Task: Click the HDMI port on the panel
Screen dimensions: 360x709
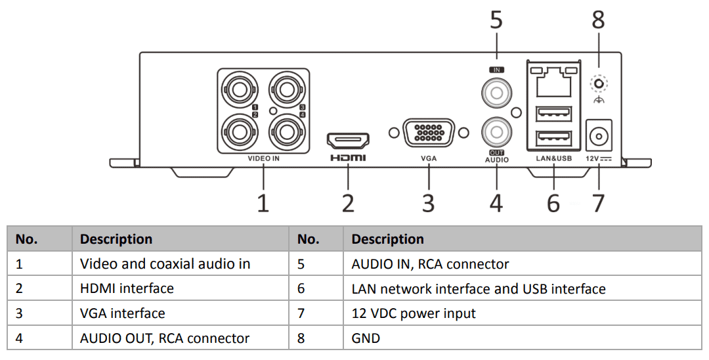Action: [348, 139]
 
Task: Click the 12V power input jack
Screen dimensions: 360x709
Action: [598, 137]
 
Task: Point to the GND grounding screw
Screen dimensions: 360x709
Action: [598, 84]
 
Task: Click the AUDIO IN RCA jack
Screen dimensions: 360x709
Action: [496, 91]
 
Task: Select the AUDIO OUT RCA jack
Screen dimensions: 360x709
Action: [496, 132]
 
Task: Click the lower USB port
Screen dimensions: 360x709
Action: [553, 138]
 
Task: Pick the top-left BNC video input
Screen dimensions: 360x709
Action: [238, 88]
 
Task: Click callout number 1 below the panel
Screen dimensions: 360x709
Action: [263, 203]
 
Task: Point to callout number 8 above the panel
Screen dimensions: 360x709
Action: [598, 20]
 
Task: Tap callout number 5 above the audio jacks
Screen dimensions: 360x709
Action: [496, 20]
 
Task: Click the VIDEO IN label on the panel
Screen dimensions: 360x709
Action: [263, 159]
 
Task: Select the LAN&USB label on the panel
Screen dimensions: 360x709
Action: [553, 159]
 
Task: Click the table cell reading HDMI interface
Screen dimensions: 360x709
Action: [127, 288]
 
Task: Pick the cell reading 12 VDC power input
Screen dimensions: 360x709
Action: [414, 313]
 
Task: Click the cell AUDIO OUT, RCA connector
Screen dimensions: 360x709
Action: [165, 338]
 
